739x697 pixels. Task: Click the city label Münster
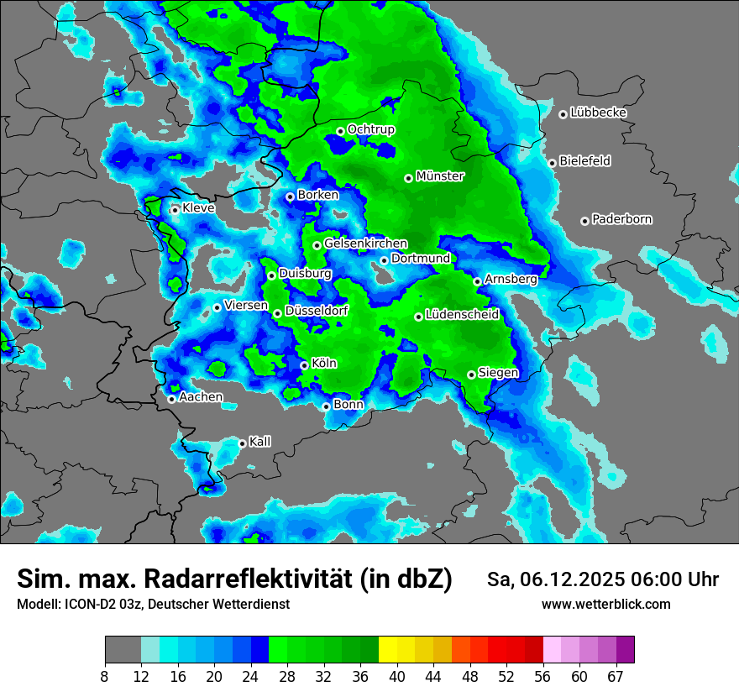click(x=440, y=176)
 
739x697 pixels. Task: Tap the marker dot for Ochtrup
click(x=340, y=131)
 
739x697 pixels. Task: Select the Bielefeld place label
click(x=584, y=161)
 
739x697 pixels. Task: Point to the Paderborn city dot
click(x=584, y=221)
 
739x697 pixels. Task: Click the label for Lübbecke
click(x=598, y=113)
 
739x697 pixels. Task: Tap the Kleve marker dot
click(x=175, y=210)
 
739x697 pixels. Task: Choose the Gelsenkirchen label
click(x=365, y=244)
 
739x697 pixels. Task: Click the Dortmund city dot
click(x=384, y=260)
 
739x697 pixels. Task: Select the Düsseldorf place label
click(x=317, y=312)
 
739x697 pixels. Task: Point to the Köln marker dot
click(x=304, y=365)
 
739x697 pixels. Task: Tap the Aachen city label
click(x=201, y=397)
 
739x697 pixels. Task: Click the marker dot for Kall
click(x=242, y=443)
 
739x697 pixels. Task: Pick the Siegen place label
click(x=498, y=373)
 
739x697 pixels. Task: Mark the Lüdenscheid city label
click(x=462, y=315)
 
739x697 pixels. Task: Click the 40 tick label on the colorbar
click(x=397, y=675)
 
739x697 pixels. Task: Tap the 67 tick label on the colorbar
click(x=615, y=675)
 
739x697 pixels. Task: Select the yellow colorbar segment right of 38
click(x=387, y=650)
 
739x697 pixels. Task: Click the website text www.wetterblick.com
click(x=605, y=605)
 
